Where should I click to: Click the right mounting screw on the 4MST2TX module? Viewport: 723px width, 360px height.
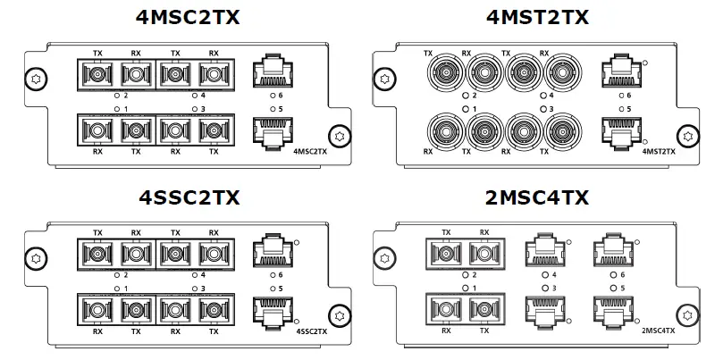[688, 136]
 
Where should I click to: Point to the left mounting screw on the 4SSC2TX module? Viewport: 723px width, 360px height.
[35, 258]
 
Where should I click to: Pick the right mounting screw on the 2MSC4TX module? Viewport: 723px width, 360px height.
[686, 314]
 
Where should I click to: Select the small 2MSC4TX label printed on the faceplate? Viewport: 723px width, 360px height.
[660, 331]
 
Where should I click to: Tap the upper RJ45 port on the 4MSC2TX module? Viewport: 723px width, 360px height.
[270, 71]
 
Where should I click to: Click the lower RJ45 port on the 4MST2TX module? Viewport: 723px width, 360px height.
[619, 130]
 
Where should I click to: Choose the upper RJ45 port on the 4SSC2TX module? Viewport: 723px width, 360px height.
[270, 251]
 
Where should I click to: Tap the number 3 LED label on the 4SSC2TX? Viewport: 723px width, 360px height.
[203, 289]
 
